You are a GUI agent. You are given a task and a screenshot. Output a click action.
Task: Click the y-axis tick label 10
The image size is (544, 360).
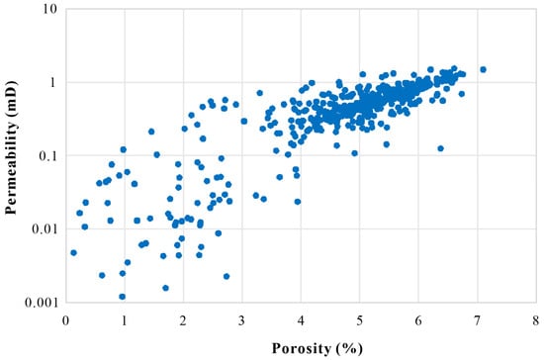pos(50,8)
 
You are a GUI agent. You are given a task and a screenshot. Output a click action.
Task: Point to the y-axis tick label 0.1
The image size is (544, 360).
pos(47,155)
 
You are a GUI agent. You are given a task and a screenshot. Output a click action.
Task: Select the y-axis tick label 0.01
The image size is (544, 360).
pos(45,228)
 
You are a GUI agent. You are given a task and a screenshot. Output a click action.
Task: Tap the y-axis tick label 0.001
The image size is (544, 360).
pos(41,303)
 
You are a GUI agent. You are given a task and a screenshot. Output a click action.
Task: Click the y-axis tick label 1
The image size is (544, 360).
pos(52,82)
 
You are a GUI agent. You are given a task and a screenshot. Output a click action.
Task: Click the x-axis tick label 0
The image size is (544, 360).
pos(65,320)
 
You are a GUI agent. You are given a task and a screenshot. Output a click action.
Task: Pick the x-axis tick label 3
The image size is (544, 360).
pos(241,320)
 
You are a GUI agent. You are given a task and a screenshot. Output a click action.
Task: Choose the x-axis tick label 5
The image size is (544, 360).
pos(359,320)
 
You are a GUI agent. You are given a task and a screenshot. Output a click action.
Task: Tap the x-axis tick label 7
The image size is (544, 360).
pos(477,320)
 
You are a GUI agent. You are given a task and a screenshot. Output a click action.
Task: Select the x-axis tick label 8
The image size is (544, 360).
pos(536,320)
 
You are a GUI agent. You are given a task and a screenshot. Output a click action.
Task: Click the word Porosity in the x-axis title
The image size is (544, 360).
pos(301,348)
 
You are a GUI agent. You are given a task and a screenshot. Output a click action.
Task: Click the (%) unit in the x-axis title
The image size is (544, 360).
pos(349,348)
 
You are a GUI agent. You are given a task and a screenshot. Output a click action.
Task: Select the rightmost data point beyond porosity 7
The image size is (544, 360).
pos(483,69)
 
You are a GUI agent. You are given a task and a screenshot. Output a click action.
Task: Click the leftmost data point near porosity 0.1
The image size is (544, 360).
pos(73,253)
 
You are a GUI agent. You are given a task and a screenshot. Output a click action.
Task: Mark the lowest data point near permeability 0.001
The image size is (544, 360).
pos(122,297)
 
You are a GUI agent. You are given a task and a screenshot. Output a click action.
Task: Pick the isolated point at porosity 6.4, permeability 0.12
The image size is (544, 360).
pos(440,148)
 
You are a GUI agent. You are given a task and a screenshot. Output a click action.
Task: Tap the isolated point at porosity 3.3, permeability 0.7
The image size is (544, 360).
pos(259,93)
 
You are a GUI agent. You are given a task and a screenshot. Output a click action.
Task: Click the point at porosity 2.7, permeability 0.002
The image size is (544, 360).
pos(227,276)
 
